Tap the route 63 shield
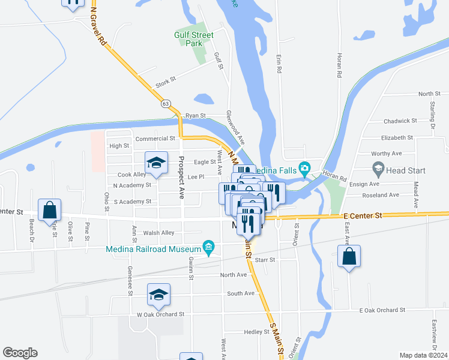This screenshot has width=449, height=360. (166, 103)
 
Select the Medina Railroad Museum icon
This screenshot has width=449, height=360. (208, 246)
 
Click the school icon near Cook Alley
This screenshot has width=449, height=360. (156, 163)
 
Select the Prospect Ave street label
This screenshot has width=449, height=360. (181, 178)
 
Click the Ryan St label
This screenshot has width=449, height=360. (195, 115)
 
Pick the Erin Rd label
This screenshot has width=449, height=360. (279, 62)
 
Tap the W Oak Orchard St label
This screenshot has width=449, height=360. (160, 314)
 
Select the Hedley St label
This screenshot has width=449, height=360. (257, 332)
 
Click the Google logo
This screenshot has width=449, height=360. (20, 353)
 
